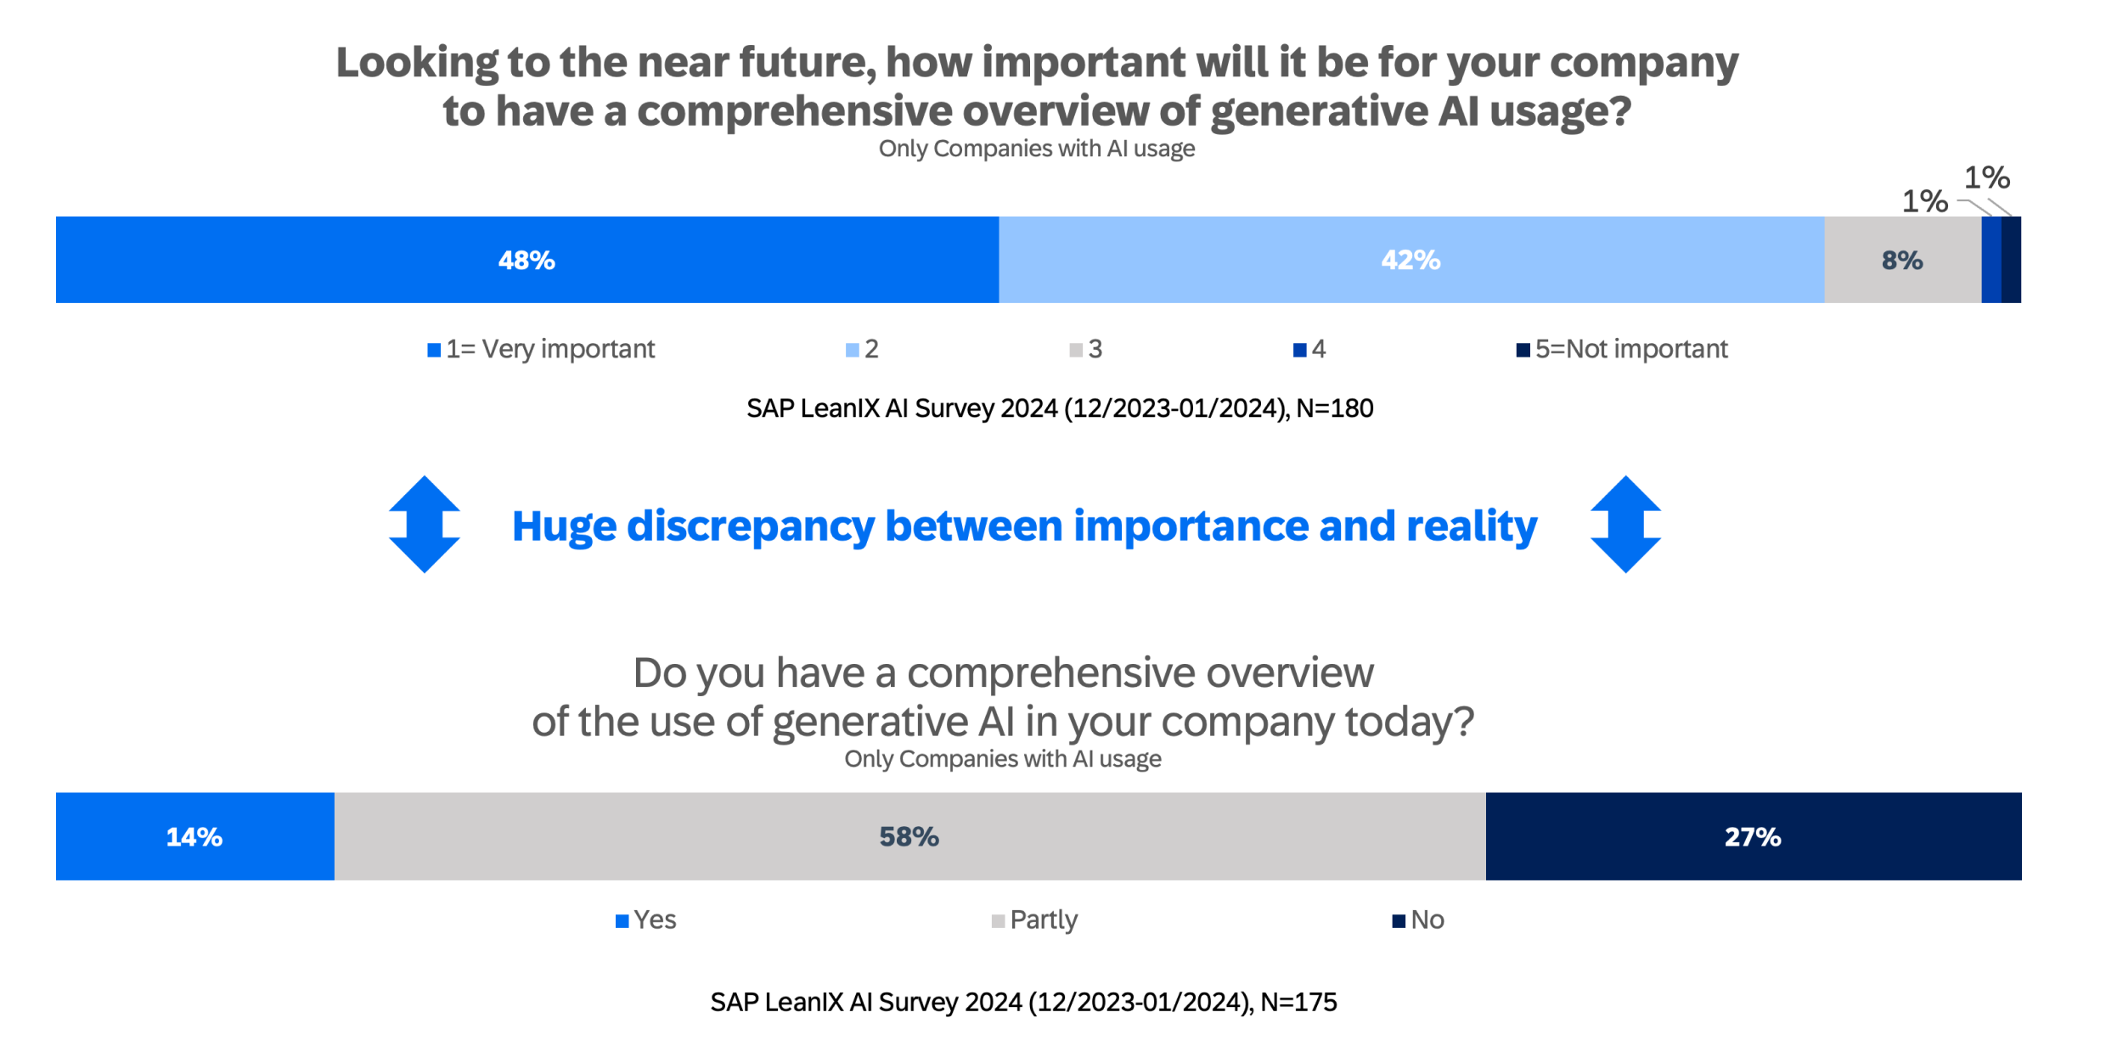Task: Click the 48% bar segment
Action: tap(526, 260)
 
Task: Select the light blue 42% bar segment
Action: tap(1411, 260)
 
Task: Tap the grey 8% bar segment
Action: tap(1902, 260)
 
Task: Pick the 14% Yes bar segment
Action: tap(194, 837)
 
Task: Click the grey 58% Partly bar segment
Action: tap(909, 837)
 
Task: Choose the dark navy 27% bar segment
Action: tap(1753, 837)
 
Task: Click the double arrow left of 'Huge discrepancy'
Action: tap(425, 525)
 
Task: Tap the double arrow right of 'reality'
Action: tap(1625, 525)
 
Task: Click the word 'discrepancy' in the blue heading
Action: tap(751, 526)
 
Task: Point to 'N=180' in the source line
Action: tap(1334, 408)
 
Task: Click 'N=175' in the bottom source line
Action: tap(1298, 1003)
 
